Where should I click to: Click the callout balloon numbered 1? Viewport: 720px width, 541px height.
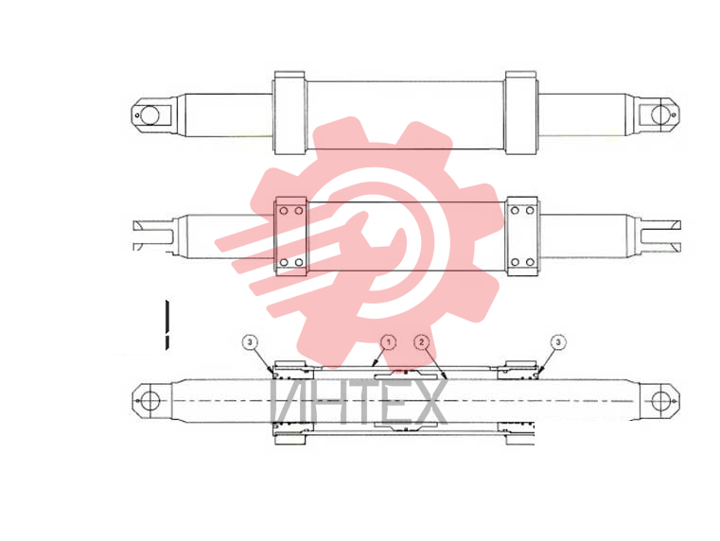(x=389, y=342)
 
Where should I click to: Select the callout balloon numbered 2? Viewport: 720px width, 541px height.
(x=422, y=342)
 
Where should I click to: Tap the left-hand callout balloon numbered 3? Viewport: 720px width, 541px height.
(x=250, y=342)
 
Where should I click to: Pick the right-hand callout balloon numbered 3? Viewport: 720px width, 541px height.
(x=558, y=342)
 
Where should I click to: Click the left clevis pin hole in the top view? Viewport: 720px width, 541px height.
(x=149, y=114)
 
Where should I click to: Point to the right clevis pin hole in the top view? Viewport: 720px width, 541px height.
(x=660, y=114)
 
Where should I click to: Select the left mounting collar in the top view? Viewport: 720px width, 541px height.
(x=290, y=113)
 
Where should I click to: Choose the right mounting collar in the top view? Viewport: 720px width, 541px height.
(x=520, y=113)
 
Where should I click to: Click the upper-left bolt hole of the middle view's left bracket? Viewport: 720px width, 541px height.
(x=284, y=211)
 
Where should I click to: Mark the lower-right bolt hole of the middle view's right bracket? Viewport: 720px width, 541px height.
(x=530, y=263)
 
